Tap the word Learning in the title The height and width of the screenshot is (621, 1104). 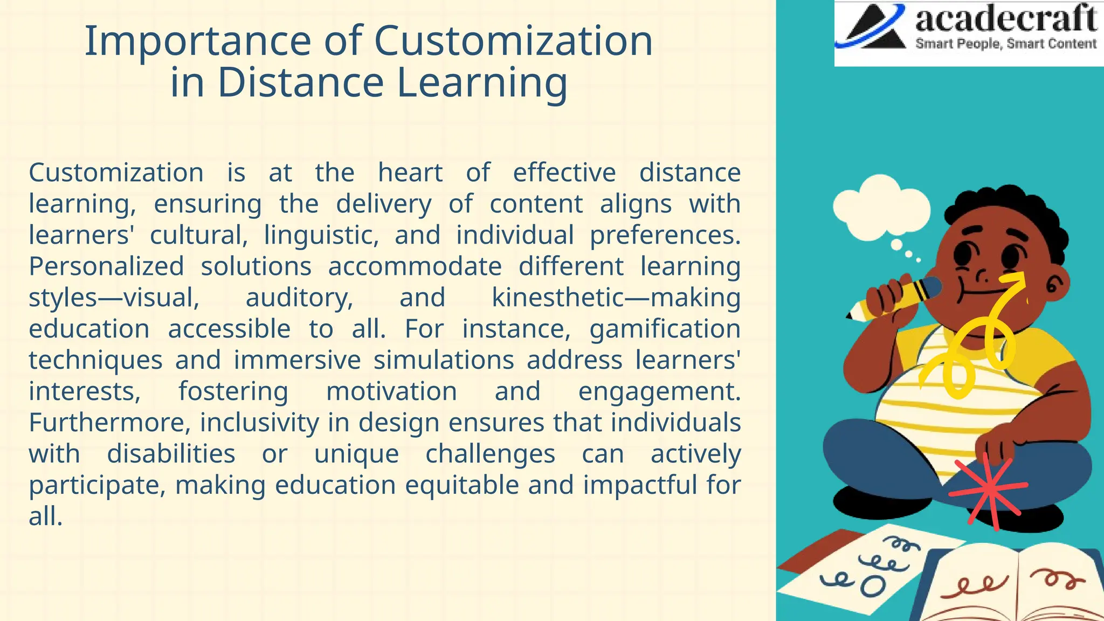pyautogui.click(x=482, y=82)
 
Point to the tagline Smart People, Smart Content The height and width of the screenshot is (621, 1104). pyautogui.click(x=1006, y=44)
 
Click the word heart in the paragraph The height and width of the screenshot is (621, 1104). pyautogui.click(x=410, y=173)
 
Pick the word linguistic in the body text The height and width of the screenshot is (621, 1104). pyautogui.click(x=321, y=236)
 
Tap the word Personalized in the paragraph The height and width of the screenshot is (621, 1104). pyautogui.click(x=106, y=267)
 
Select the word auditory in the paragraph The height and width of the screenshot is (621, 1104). pyautogui.click(x=299, y=298)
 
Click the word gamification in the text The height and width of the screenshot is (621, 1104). pyautogui.click(x=665, y=329)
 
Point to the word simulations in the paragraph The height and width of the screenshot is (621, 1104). pyautogui.click(x=444, y=360)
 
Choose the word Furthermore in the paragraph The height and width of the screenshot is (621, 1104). pyautogui.click(x=109, y=423)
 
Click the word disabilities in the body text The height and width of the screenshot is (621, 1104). pyautogui.click(x=171, y=454)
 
